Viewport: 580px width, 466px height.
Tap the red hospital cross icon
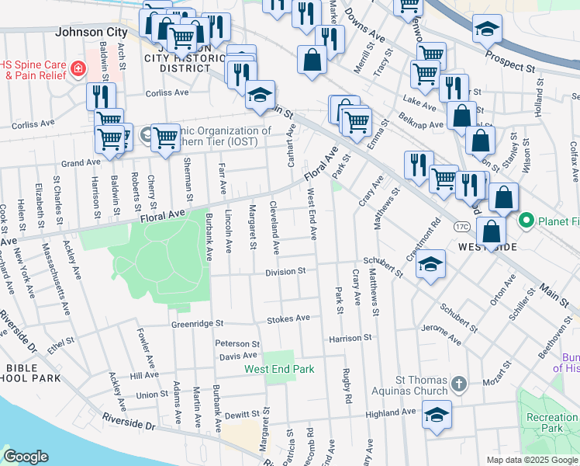[78, 70]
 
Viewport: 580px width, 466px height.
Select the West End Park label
[280, 369]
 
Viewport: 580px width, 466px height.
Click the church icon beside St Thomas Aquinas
[459, 383]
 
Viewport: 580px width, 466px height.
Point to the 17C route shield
[462, 226]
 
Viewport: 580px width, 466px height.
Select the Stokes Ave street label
[288, 318]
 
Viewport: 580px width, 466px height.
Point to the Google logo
[26, 457]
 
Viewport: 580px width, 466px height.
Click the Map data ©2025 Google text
[532, 460]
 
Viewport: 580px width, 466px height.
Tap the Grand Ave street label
[81, 163]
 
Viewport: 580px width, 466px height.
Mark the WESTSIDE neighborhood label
[487, 246]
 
